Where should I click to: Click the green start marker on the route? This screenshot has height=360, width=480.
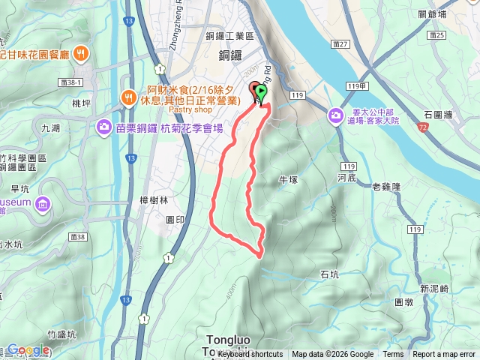[x=261, y=93]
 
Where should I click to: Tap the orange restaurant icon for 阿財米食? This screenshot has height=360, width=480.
[x=128, y=96]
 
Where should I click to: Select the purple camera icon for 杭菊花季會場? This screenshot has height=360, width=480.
[x=102, y=128]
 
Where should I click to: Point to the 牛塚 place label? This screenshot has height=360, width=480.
[x=289, y=180]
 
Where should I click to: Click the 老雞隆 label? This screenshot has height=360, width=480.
[x=386, y=186]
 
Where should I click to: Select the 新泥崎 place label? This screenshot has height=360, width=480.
[x=434, y=289]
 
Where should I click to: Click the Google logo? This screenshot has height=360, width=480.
[x=28, y=349]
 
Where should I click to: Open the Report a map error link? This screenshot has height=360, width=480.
[x=445, y=355]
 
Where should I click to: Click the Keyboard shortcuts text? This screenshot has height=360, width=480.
[x=251, y=355]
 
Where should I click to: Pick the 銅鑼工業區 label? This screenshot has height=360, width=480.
[x=229, y=35]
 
